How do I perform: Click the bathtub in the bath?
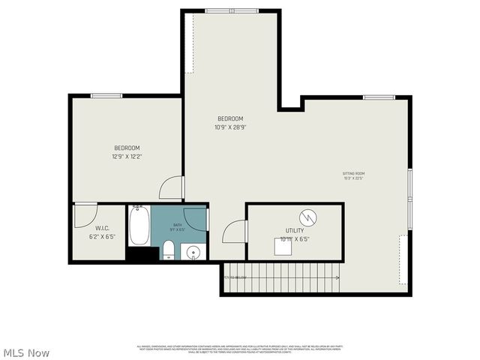[x=139, y=226]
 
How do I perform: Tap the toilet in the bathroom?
[x=169, y=249]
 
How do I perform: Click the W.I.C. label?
[x=103, y=229]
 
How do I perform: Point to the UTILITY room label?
[x=294, y=231]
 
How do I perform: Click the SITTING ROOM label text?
[x=355, y=174]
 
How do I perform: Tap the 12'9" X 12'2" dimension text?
[x=127, y=157]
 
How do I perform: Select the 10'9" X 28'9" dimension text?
[x=230, y=127]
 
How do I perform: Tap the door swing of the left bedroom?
[x=172, y=187]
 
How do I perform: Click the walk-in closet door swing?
[x=85, y=214]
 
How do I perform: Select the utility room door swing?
[x=235, y=231]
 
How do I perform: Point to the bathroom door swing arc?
[x=195, y=218]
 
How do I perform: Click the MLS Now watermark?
[x=27, y=352]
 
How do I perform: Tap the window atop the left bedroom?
[x=106, y=95]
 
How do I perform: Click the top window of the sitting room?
[x=379, y=97]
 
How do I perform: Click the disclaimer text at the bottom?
[x=240, y=349]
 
